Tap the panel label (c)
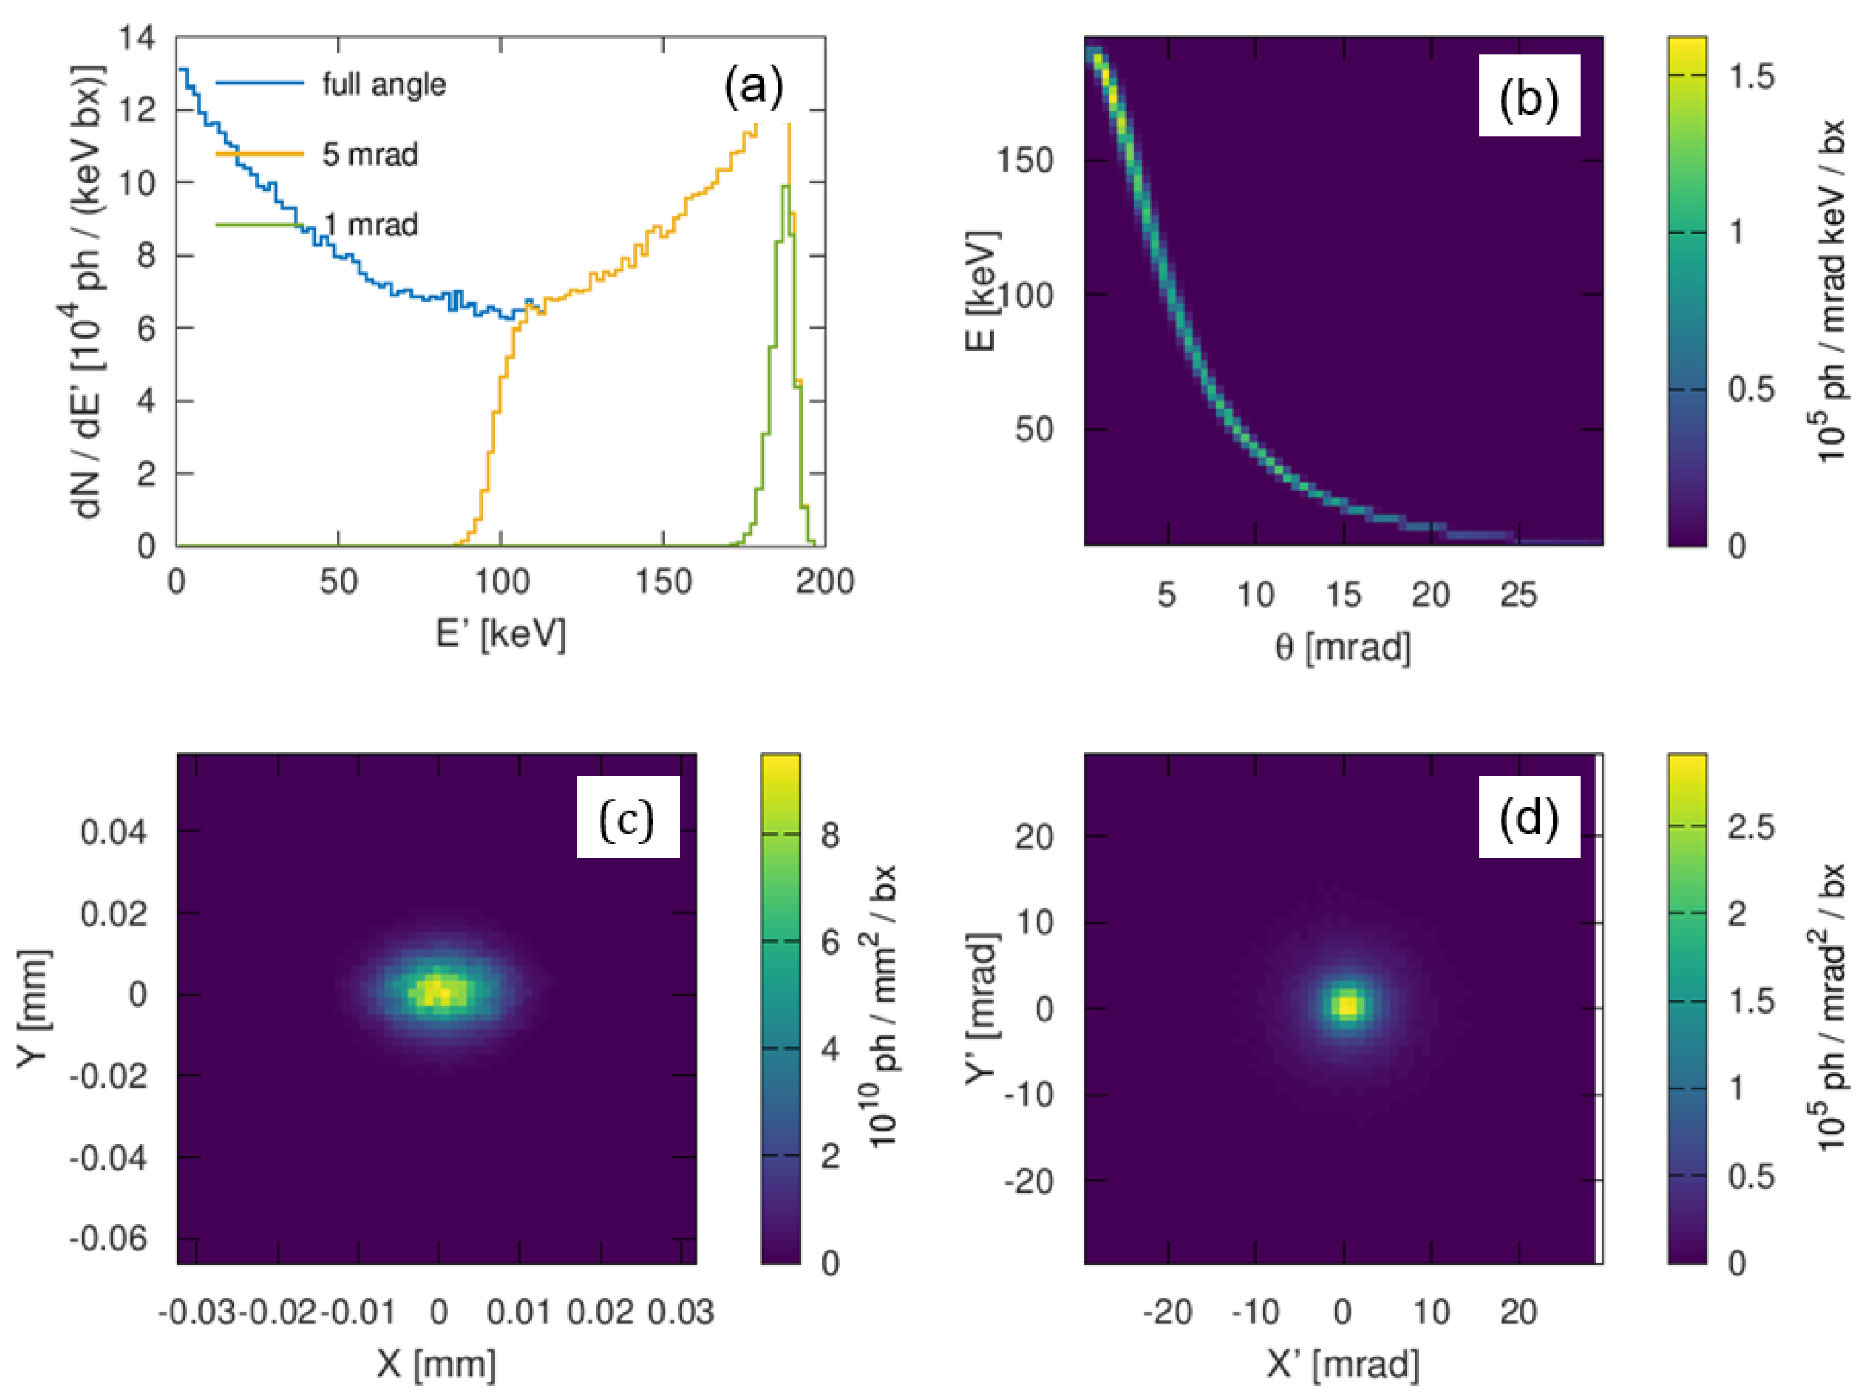[x=626, y=818]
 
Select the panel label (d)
[x=1529, y=818]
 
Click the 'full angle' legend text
[x=384, y=84]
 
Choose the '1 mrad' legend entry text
[x=372, y=224]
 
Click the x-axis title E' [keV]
[x=500, y=632]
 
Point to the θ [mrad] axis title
[x=1342, y=647]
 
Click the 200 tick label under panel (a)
[x=824, y=581]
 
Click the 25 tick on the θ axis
[x=1519, y=595]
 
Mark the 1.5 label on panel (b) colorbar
[x=1751, y=77]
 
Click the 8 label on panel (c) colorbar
[x=830, y=835]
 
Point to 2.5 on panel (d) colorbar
[x=1751, y=826]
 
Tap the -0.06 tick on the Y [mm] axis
[x=108, y=1239]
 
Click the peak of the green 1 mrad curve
[x=785, y=188]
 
